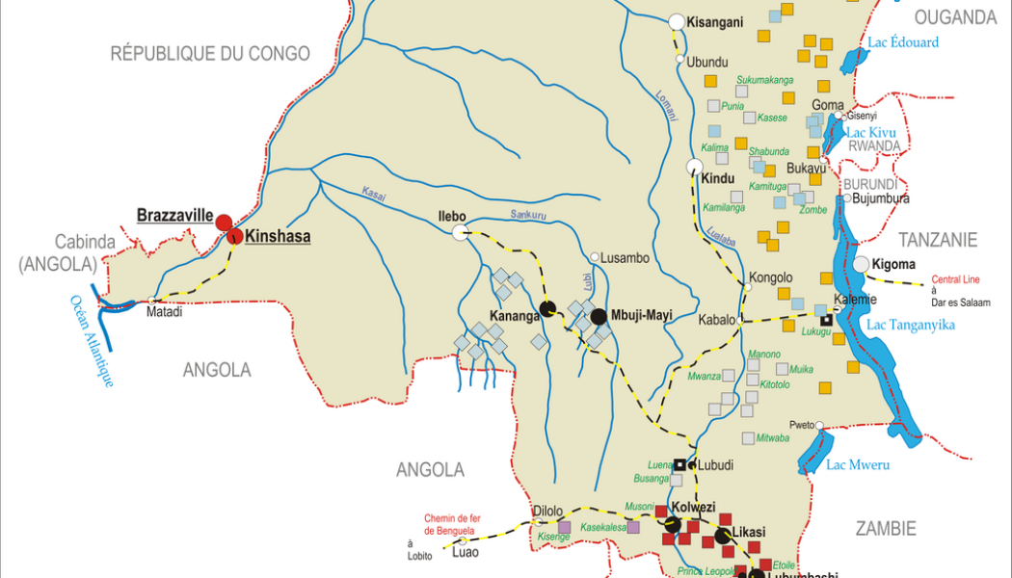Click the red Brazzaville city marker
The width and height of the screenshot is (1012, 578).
point(224,223)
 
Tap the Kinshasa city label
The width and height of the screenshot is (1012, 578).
point(278,236)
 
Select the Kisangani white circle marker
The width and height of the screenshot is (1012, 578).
point(677,21)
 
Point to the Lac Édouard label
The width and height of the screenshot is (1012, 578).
point(903,42)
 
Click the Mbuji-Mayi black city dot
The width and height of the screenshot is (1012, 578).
point(598,316)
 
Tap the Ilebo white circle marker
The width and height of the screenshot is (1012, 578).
point(460,231)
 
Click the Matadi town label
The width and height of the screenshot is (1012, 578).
point(164,312)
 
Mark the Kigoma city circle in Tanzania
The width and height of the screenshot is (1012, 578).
point(861,264)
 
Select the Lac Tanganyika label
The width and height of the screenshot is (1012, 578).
point(911,325)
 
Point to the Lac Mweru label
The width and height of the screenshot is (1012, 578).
point(858,465)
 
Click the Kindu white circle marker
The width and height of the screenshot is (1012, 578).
point(693,167)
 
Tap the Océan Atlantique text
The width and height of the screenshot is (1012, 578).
point(91,341)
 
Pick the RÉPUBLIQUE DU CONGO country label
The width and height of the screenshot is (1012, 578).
point(210,53)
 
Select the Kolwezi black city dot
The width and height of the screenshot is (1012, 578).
point(672,524)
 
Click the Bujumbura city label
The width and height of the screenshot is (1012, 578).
point(882,199)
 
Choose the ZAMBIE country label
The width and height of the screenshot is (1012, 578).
point(885,528)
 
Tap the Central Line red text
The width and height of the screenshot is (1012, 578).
point(955,280)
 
